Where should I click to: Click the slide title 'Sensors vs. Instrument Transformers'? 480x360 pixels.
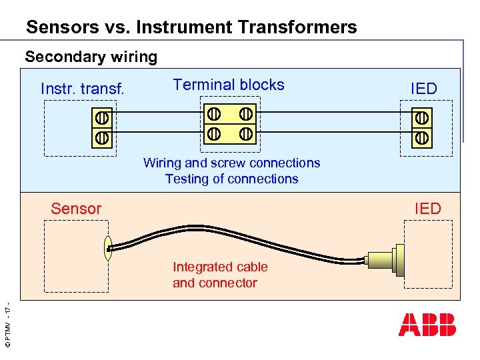pos(191,27)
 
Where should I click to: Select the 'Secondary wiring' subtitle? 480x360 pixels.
pos(91,57)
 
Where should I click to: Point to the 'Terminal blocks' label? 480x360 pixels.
pos(228,85)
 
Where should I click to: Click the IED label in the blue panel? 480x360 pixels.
pos(423,89)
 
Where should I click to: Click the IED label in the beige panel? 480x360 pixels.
pos(427,209)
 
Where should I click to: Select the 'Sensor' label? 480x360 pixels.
pos(76,209)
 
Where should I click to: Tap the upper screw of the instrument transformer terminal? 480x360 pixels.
pos(101,118)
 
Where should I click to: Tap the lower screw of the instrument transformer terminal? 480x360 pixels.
pos(101,137)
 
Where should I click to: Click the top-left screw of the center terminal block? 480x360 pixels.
pos(214,113)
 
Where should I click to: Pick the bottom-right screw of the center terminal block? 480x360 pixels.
pos(246,133)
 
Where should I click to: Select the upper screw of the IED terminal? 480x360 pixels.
pos(421,118)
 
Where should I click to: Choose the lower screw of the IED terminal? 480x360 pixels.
pos(421,137)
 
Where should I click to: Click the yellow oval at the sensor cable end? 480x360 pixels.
pos(107,248)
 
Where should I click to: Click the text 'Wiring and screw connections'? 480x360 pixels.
pos(231,163)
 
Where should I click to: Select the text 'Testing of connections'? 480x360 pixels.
pos(231,179)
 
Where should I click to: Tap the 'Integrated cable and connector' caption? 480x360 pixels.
pos(220,275)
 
